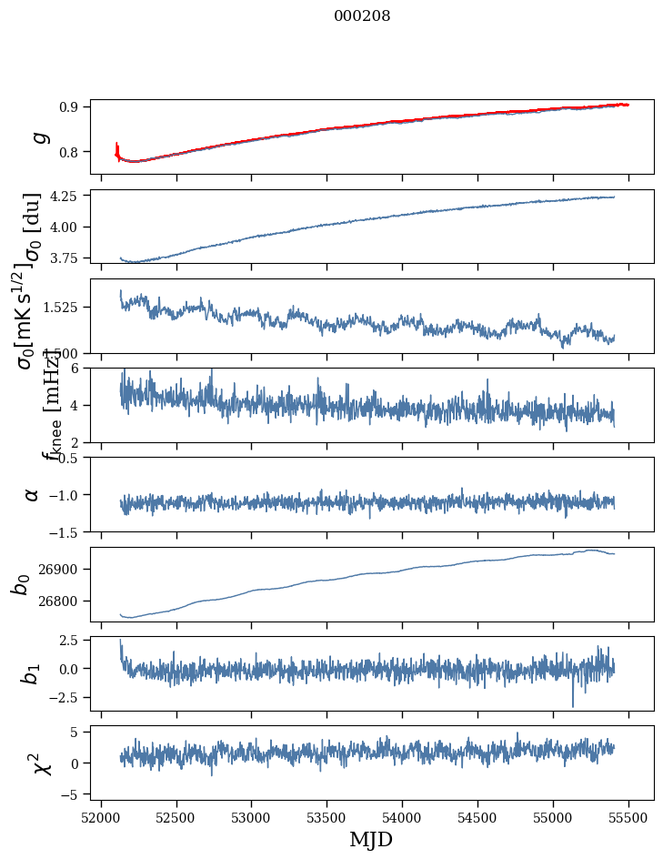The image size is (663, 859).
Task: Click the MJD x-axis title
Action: click(x=371, y=839)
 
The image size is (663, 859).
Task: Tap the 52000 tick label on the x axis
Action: click(x=101, y=815)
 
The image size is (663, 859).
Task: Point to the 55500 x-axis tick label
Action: click(x=628, y=815)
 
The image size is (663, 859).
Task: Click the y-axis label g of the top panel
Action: click(x=36, y=136)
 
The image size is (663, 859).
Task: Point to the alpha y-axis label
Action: click(x=32, y=494)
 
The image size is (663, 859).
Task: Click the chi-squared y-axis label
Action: click(x=42, y=763)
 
